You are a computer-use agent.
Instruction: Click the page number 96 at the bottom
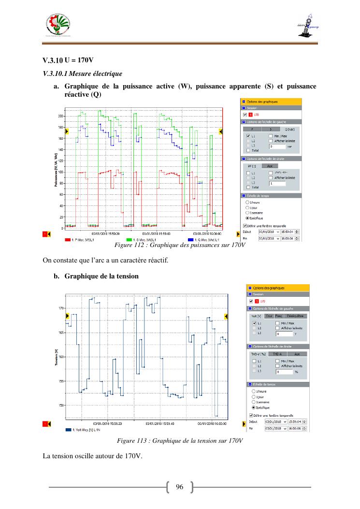click(179, 487)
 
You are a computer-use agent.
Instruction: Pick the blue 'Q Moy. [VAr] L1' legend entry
click(205, 240)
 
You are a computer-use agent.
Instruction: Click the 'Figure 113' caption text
click(180, 441)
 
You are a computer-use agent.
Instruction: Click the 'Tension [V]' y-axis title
click(57, 358)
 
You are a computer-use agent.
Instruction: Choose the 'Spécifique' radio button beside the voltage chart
click(254, 407)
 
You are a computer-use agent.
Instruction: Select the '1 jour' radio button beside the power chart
click(247, 207)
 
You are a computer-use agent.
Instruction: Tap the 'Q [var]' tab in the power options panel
click(290, 130)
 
